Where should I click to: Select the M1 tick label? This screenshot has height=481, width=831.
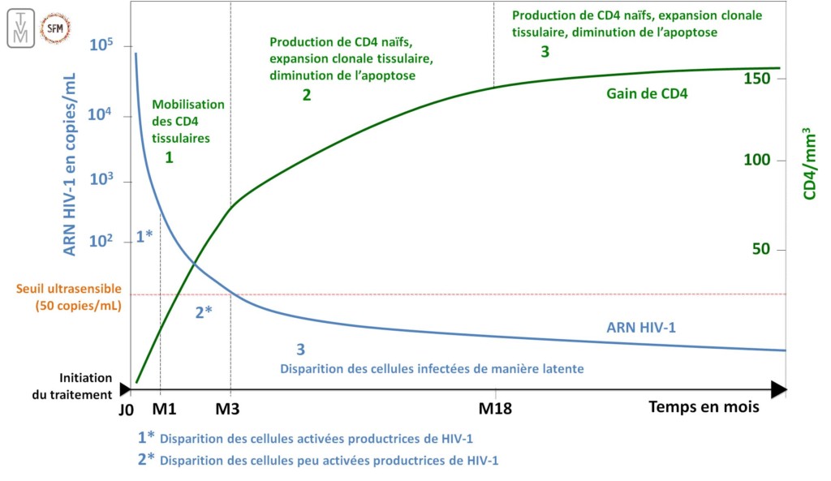164,408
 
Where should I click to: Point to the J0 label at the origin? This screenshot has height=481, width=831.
126,408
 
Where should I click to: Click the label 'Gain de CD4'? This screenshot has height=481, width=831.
647,93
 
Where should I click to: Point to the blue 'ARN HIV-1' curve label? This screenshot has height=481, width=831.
640,328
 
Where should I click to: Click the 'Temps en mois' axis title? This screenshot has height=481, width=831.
704,407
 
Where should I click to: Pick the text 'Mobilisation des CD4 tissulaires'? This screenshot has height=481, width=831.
187,121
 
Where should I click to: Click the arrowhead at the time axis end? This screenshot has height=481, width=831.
779,389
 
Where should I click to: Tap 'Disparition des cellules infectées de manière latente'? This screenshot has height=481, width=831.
431,368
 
